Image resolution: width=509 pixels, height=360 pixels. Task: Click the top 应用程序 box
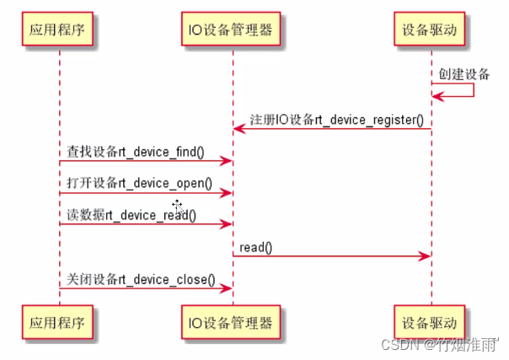click(59, 30)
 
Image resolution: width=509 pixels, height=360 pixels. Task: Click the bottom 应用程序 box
click(59, 322)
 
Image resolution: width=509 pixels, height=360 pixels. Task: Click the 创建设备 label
click(463, 74)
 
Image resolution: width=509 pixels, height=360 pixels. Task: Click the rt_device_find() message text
click(136, 152)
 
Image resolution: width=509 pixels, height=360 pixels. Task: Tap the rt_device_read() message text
click(131, 215)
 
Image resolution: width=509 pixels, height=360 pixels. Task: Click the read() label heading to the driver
click(255, 247)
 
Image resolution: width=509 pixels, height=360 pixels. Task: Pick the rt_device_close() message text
click(141, 279)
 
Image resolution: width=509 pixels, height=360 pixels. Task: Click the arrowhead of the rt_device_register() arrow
click(238, 128)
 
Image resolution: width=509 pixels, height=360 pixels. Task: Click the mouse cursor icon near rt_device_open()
click(178, 205)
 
